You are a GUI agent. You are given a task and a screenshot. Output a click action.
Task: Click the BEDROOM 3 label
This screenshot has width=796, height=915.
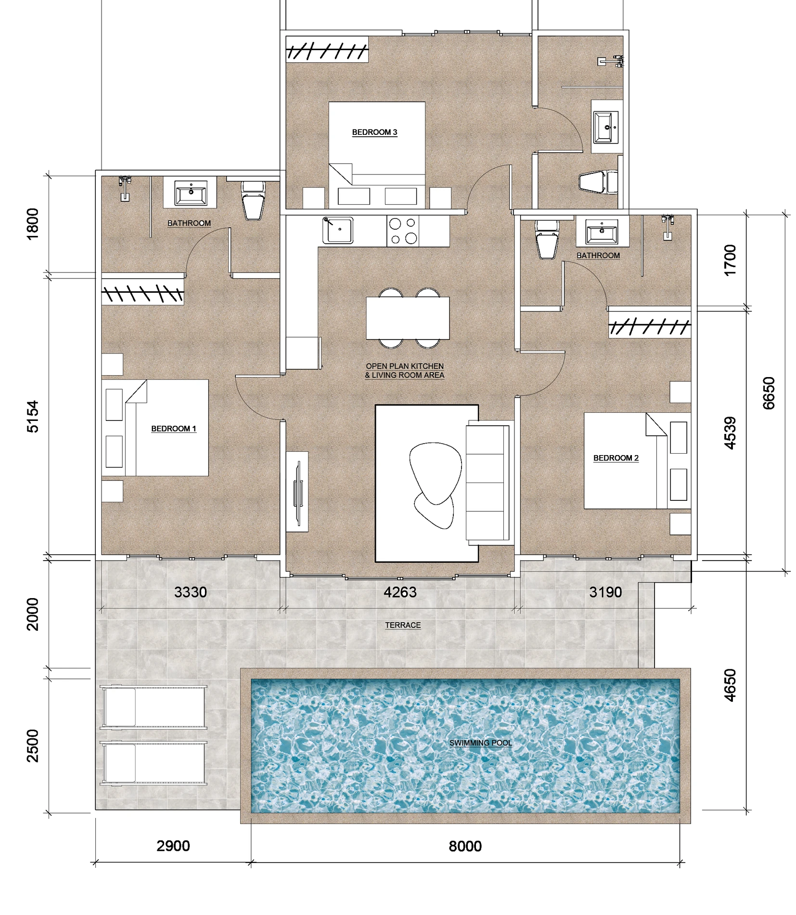374,132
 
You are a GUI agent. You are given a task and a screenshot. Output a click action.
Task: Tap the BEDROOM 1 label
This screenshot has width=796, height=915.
174,429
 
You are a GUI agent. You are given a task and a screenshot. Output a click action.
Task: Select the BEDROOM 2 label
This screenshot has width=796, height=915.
616,458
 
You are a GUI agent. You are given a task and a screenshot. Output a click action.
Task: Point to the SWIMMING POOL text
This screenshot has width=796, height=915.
480,743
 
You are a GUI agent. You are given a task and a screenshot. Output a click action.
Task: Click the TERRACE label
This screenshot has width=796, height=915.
403,625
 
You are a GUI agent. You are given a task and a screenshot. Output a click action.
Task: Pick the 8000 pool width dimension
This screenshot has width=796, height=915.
465,846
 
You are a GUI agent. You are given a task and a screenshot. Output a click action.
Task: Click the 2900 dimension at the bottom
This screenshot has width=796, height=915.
173,846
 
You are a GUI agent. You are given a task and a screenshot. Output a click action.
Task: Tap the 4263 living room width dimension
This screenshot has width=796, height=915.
400,592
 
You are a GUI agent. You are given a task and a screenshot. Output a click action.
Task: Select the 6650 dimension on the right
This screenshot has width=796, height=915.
769,393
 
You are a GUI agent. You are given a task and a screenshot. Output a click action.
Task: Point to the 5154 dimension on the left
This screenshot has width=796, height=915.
32,417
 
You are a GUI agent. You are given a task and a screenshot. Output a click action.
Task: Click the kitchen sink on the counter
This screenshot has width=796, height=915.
337,230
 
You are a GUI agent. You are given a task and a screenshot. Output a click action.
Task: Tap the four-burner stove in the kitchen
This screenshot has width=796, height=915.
403,231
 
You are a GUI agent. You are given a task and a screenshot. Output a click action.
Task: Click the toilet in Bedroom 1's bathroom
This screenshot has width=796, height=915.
253,200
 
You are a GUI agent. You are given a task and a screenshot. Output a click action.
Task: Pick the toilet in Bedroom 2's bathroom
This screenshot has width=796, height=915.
547,238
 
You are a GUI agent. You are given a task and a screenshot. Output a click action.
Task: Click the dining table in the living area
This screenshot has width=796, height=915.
408,318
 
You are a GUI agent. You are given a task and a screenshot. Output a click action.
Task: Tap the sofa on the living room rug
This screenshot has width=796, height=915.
488,483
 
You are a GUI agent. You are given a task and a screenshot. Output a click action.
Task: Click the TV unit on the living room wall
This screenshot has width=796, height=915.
297,492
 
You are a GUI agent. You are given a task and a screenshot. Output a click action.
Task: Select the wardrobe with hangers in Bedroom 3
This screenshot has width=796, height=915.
327,49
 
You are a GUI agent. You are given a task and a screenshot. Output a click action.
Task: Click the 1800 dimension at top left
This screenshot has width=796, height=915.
32,224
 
